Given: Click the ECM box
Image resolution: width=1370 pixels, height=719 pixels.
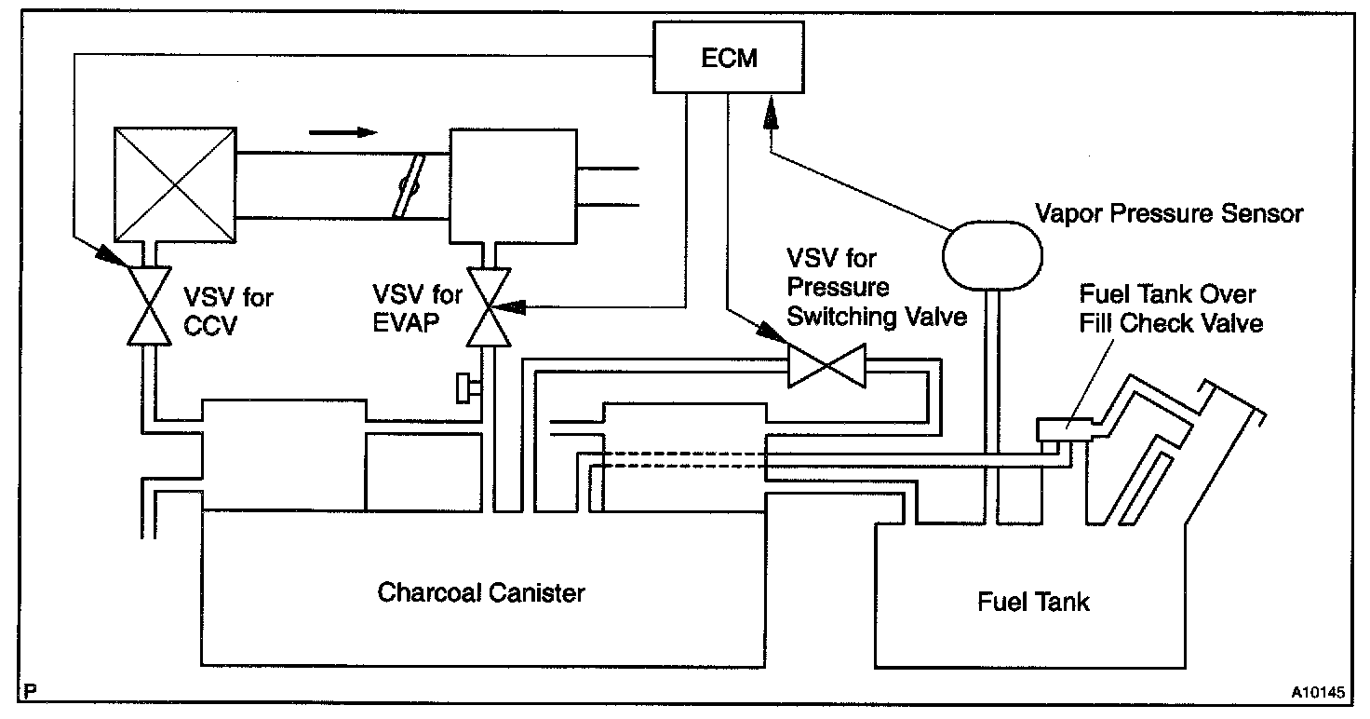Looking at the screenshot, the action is [729, 58].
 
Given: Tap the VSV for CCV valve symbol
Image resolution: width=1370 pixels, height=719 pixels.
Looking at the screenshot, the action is [149, 306].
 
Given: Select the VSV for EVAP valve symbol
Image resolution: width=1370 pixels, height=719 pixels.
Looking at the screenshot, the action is [489, 307].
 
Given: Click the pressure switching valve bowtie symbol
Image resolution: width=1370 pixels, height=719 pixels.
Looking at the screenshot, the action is [826, 366].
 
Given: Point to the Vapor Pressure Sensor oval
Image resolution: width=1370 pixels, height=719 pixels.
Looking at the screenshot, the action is [992, 255].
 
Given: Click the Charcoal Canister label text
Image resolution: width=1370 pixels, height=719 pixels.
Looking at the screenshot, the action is [481, 592].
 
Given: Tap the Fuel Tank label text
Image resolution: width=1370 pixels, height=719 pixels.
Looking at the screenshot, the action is [1033, 602].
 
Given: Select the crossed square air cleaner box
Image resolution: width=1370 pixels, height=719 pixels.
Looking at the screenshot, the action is [175, 184].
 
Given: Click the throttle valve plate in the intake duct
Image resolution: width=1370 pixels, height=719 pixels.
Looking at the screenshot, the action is [409, 185].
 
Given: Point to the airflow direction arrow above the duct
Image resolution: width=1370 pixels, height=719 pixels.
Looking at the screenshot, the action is [343, 132].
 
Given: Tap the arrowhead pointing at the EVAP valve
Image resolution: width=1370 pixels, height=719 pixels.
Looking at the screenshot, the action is [509, 306].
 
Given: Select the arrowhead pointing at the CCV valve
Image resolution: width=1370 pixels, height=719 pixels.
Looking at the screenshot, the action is [112, 255].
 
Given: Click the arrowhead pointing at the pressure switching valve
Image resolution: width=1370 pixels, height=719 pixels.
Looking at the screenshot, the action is [772, 332].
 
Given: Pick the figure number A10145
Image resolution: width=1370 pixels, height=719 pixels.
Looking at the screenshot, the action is [1319, 692].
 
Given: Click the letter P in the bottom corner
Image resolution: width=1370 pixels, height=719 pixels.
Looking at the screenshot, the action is [30, 691].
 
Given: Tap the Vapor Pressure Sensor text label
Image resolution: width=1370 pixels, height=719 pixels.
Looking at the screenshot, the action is [1169, 213].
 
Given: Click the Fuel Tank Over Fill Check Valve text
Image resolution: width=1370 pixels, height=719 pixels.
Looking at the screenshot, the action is [1171, 309].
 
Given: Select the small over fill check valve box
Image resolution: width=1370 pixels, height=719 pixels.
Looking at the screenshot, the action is [1064, 429].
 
